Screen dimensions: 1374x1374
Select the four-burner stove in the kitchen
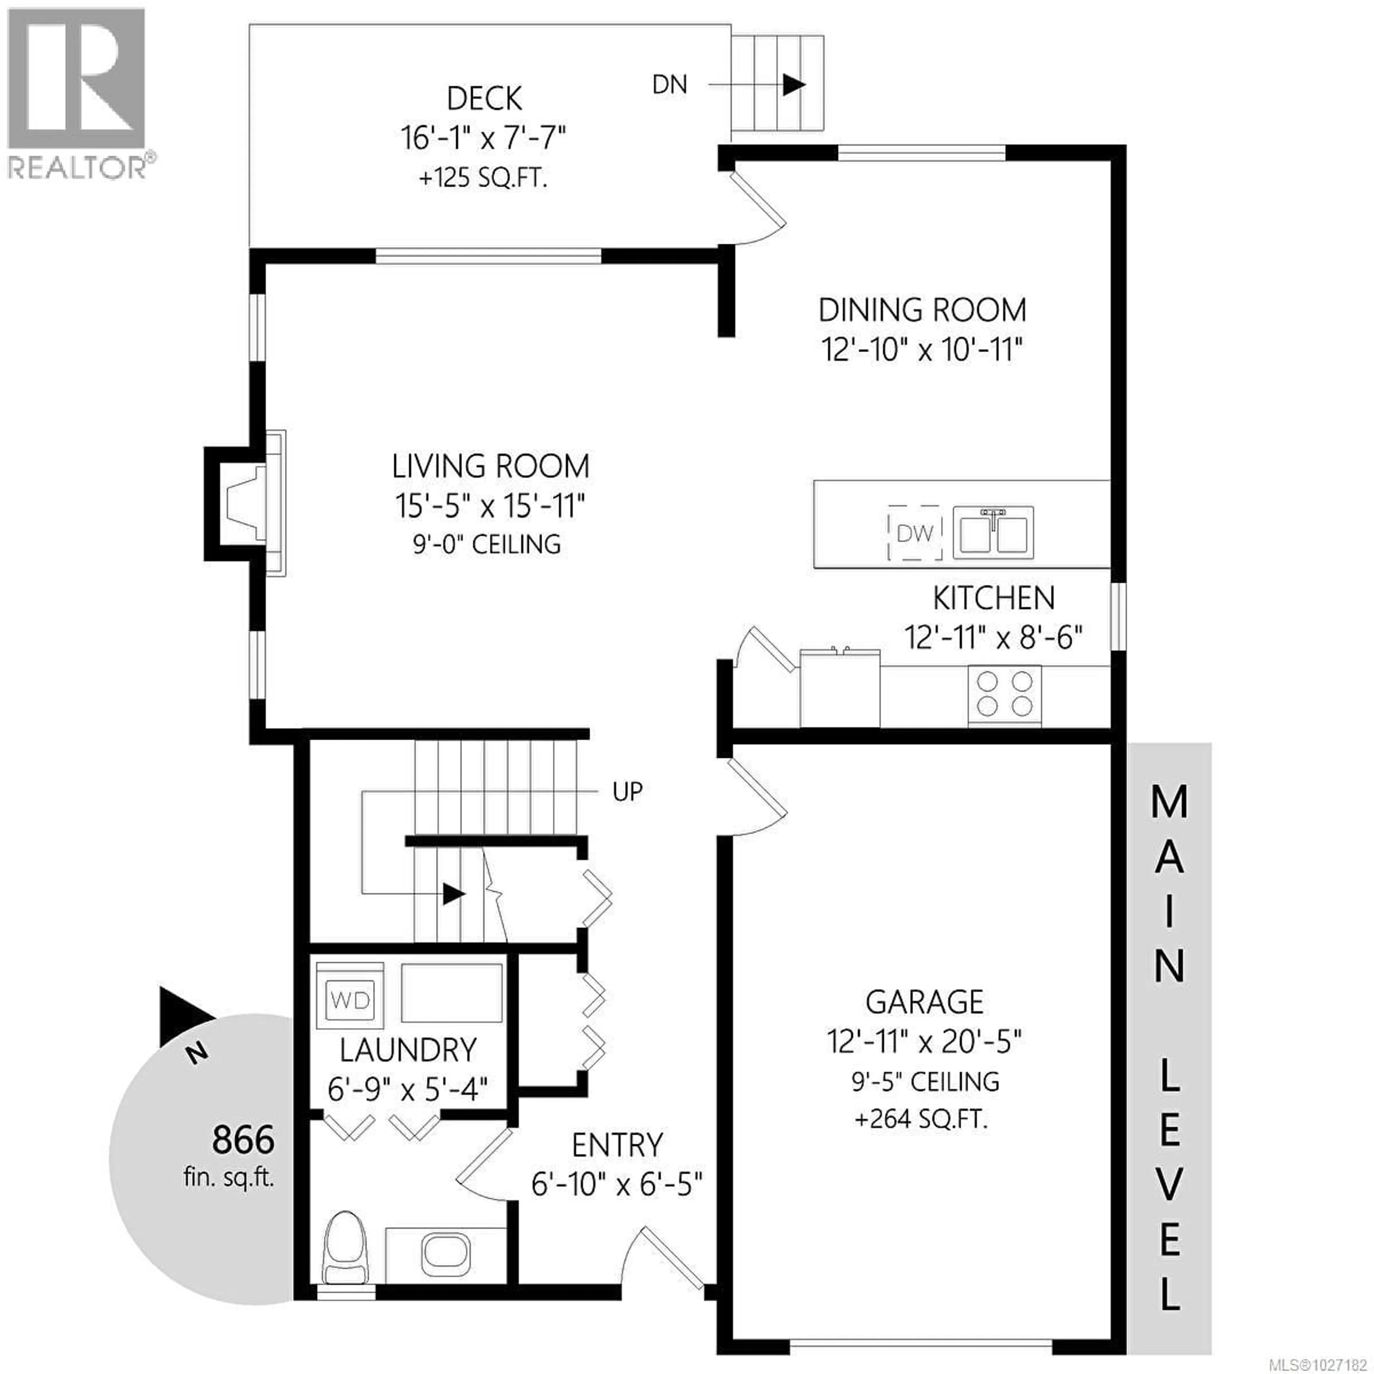point(1004,695)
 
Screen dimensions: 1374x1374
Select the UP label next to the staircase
point(627,791)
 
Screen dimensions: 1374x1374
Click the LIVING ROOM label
point(491,467)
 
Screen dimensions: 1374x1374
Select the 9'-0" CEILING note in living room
point(487,545)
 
